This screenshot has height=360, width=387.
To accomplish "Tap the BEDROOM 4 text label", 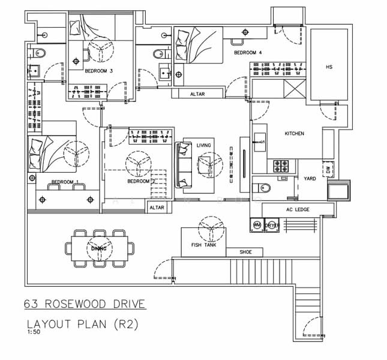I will (x=248, y=53).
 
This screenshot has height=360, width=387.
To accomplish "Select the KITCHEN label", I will (x=294, y=133).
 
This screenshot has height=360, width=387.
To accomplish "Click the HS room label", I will (x=329, y=67).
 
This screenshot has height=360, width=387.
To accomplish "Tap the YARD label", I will (x=310, y=179).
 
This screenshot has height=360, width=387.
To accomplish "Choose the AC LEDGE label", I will (x=292, y=209).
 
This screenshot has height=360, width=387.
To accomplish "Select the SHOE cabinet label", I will (x=245, y=252).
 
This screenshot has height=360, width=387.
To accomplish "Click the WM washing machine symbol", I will (x=257, y=225).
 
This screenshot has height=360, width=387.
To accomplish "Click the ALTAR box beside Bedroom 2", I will (x=157, y=208).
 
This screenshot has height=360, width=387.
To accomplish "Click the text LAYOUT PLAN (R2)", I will (x=83, y=324).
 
